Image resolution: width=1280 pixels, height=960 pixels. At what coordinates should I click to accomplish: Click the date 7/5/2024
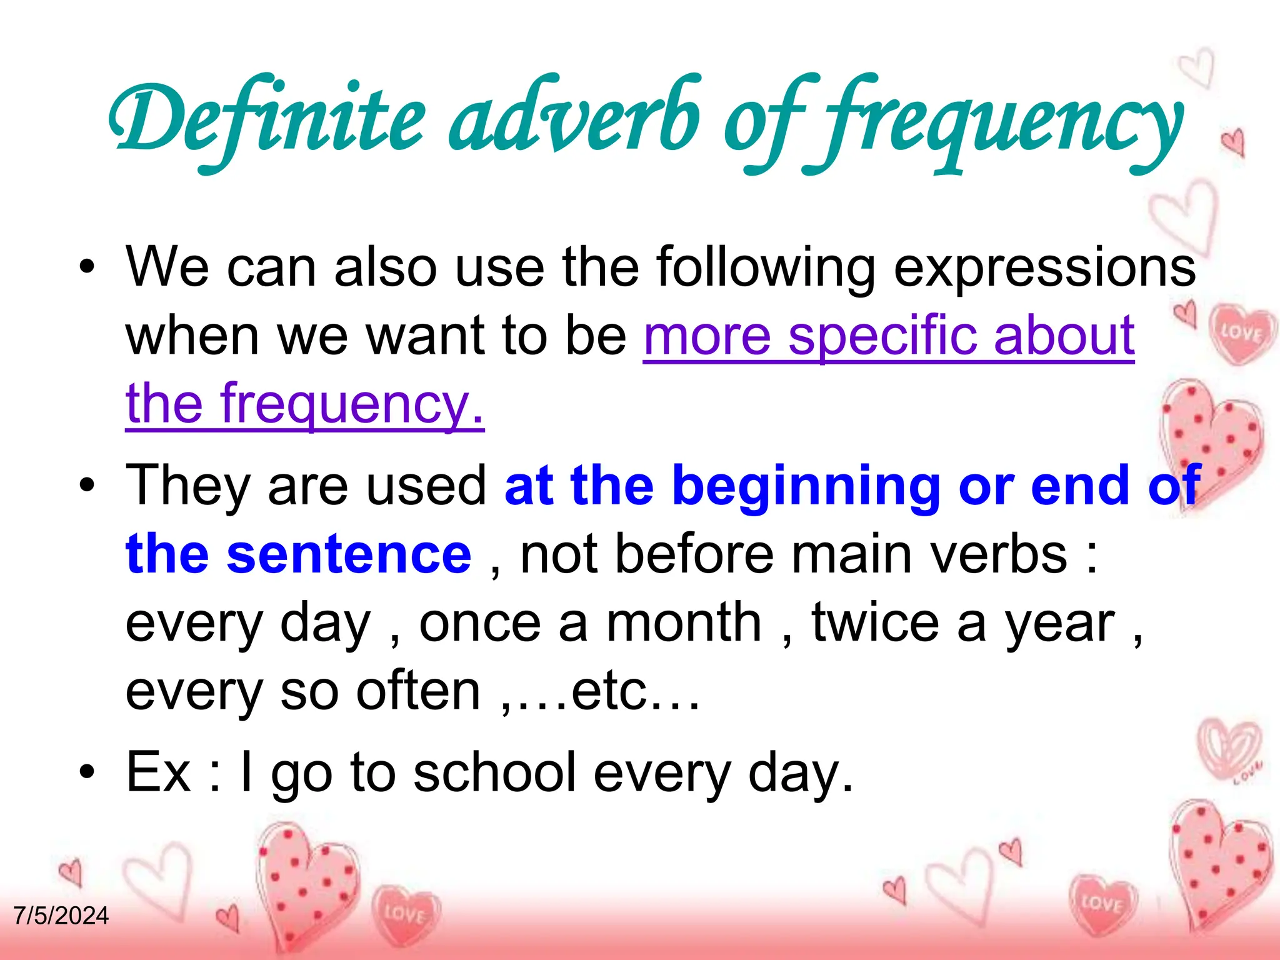[61, 916]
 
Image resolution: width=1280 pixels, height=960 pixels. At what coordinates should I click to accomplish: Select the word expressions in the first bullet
[1044, 267]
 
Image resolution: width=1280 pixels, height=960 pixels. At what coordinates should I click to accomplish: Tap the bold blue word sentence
[349, 554]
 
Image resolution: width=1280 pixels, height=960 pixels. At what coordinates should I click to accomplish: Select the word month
[683, 623]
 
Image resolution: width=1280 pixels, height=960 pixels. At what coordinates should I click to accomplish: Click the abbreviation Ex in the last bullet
[158, 772]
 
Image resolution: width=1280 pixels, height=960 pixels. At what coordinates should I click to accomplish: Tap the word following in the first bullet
[766, 267]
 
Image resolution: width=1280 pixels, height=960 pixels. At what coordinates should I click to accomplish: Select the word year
[1059, 623]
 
